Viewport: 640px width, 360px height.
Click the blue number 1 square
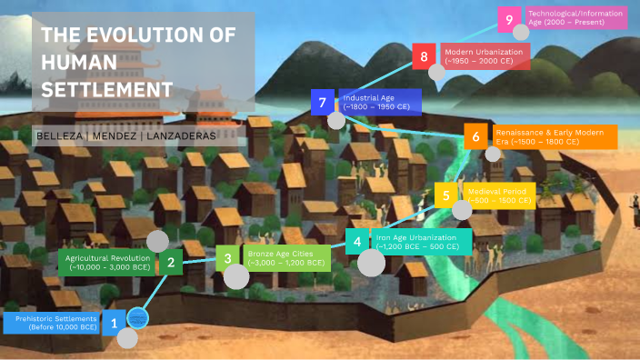114,323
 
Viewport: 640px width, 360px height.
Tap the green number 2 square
170,264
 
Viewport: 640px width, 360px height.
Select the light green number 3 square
228,258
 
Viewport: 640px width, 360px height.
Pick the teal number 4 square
357,242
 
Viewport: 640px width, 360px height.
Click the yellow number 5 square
445,195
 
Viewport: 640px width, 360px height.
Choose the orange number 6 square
475,137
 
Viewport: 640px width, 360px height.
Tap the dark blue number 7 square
323,102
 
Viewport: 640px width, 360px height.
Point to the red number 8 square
425,56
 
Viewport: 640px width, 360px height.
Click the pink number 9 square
510,17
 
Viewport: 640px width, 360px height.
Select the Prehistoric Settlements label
56,323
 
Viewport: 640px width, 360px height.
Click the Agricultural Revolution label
107,264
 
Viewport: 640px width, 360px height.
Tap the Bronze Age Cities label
285,258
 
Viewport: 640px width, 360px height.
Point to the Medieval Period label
498,195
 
